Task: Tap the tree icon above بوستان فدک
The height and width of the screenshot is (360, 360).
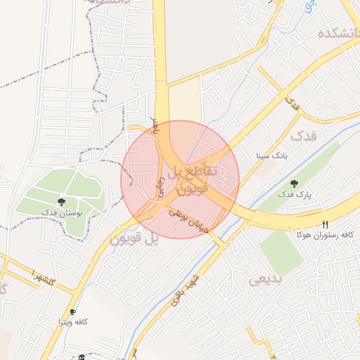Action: pos(63,201)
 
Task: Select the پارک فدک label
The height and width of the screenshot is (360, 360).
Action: pos(294,193)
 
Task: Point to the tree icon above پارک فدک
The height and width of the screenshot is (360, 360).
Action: pos(294,184)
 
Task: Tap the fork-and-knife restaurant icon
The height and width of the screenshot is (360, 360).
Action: pos(325,223)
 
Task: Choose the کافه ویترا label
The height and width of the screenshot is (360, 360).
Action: pos(73,321)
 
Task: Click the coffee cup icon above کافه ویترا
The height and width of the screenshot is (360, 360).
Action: pos(72,311)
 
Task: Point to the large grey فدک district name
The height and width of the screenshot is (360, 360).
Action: pos(304,134)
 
